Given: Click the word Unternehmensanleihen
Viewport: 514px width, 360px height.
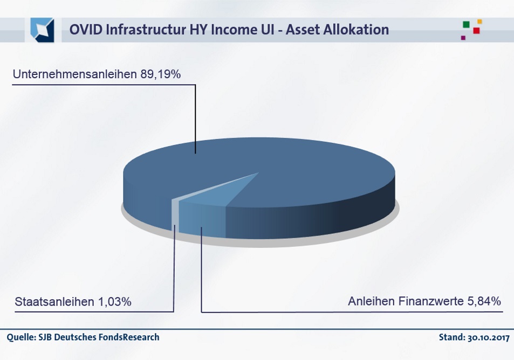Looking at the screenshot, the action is [x=75, y=74].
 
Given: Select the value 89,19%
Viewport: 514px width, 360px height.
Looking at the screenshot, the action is [x=161, y=74].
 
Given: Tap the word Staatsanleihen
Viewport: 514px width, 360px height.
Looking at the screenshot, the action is [x=54, y=302].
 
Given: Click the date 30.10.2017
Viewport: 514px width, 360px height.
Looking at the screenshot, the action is [x=489, y=337].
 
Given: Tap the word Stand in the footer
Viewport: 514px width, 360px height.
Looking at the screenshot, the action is [x=452, y=337].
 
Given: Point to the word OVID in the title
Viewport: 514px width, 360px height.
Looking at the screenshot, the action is [x=86, y=30].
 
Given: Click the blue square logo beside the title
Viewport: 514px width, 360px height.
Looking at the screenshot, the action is [x=42, y=30].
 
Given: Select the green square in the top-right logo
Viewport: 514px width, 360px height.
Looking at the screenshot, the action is [x=466, y=25].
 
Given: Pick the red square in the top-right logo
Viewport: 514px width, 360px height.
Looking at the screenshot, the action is [x=477, y=31].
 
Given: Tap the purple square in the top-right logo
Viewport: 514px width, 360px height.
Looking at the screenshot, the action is [x=463, y=38].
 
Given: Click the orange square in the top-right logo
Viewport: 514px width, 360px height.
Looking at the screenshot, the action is [x=479, y=22].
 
